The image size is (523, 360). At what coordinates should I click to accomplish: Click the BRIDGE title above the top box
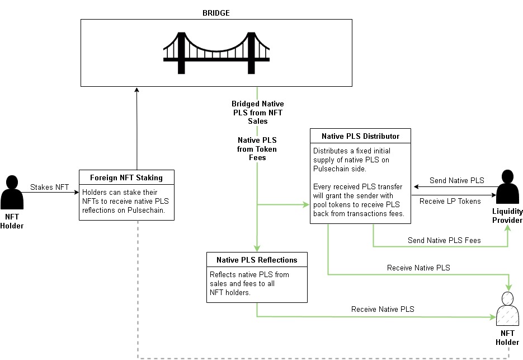(x=216, y=13)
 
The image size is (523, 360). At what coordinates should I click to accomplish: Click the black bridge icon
(x=216, y=53)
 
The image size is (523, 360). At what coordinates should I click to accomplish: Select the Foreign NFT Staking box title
(x=126, y=177)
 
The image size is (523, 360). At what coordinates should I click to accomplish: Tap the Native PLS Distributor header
(x=360, y=136)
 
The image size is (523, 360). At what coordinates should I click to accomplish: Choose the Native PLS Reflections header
(x=257, y=260)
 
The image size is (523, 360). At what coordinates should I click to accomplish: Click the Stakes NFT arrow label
(x=49, y=187)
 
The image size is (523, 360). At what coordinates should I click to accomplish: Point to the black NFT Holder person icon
(x=12, y=193)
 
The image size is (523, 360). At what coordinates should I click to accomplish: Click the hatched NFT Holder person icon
(x=507, y=309)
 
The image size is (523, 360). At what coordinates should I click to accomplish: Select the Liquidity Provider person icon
(x=508, y=186)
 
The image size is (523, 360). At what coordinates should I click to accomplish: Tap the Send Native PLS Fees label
(x=444, y=240)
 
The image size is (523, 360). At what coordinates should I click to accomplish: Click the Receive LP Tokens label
(x=450, y=201)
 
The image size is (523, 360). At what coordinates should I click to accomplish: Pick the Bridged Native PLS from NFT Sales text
(x=257, y=113)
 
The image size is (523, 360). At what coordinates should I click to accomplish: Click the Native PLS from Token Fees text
(x=257, y=149)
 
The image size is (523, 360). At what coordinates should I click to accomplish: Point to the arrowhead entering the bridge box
(x=136, y=90)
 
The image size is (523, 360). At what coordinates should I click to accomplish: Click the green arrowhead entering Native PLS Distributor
(x=306, y=204)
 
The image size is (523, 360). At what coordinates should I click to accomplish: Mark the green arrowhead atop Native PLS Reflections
(x=257, y=249)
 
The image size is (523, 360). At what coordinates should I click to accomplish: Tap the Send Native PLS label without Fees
(x=456, y=180)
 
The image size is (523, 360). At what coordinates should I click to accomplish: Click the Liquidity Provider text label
(x=507, y=216)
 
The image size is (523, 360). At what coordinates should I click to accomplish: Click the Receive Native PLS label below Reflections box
(x=383, y=309)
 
